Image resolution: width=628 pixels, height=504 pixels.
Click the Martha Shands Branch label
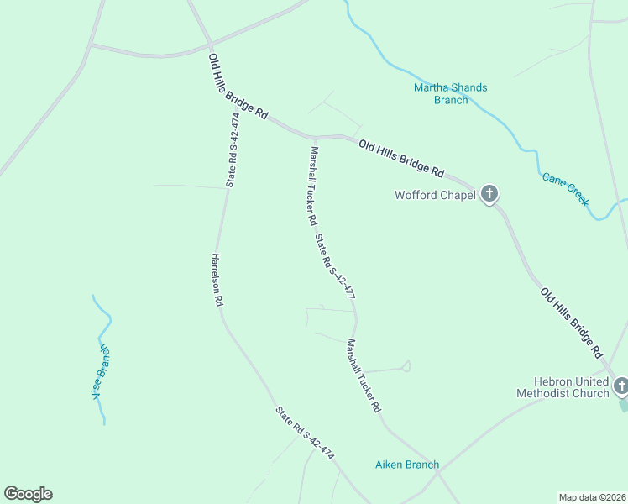click(450, 93)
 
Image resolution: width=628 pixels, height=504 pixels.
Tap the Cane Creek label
click(565, 190)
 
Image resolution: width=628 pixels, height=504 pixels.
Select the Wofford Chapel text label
click(435, 196)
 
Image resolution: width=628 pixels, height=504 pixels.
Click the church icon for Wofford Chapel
click(489, 195)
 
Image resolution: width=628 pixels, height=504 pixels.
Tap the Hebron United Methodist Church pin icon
click(620, 386)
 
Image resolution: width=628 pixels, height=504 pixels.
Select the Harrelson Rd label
click(217, 280)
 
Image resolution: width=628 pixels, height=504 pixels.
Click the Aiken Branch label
click(406, 465)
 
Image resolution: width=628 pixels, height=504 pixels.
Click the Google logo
click(28, 494)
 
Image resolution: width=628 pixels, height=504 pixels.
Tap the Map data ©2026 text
click(592, 496)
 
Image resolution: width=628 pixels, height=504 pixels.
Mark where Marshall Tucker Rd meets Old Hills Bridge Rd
click(312, 137)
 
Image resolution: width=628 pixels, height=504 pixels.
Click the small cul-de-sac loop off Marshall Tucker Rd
click(406, 365)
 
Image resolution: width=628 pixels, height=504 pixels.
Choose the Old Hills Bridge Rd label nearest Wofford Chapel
click(400, 157)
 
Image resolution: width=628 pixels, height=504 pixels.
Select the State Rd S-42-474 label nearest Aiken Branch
click(305, 433)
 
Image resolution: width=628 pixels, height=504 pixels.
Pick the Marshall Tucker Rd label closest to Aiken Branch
click(364, 375)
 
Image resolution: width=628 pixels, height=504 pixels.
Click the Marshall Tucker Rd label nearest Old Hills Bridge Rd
click(312, 186)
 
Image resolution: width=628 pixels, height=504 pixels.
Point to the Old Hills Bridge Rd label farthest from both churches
click(238, 87)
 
